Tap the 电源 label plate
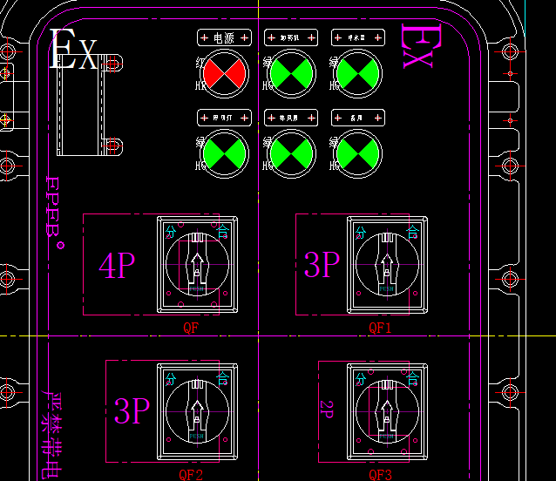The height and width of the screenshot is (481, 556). (225, 38)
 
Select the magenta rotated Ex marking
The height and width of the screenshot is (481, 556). (416, 46)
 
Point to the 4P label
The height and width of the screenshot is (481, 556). (117, 266)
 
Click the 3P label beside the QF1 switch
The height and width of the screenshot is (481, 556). (322, 264)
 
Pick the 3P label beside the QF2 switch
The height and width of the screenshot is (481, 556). (132, 410)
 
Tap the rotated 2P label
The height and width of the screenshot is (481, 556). (328, 410)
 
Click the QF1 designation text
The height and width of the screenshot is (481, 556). (381, 328)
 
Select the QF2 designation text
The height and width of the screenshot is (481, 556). (191, 475)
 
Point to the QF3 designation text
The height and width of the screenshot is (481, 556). (381, 475)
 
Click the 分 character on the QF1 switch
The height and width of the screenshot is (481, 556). (362, 232)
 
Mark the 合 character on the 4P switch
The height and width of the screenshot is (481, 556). (223, 232)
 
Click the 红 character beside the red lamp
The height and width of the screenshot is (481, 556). (200, 64)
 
